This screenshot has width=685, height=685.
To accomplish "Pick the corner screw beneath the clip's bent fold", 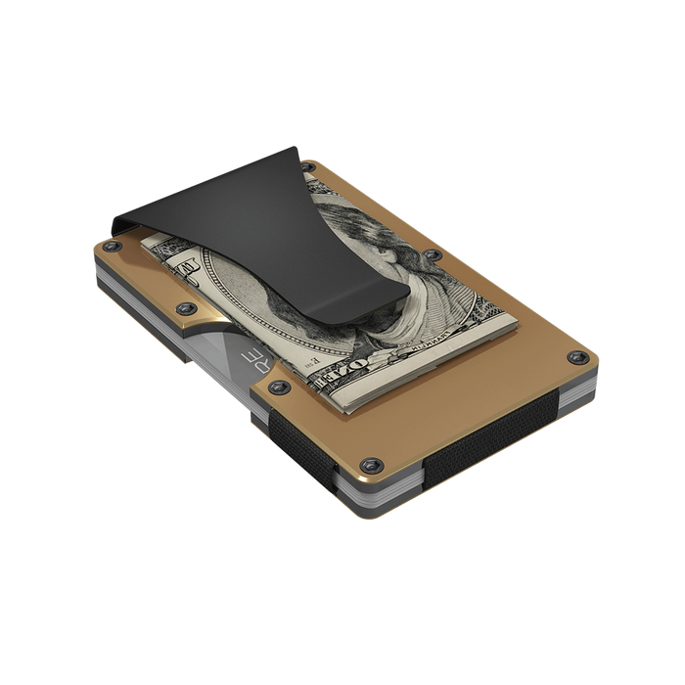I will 115,251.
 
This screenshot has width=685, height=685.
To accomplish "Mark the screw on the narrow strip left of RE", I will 183,310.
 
